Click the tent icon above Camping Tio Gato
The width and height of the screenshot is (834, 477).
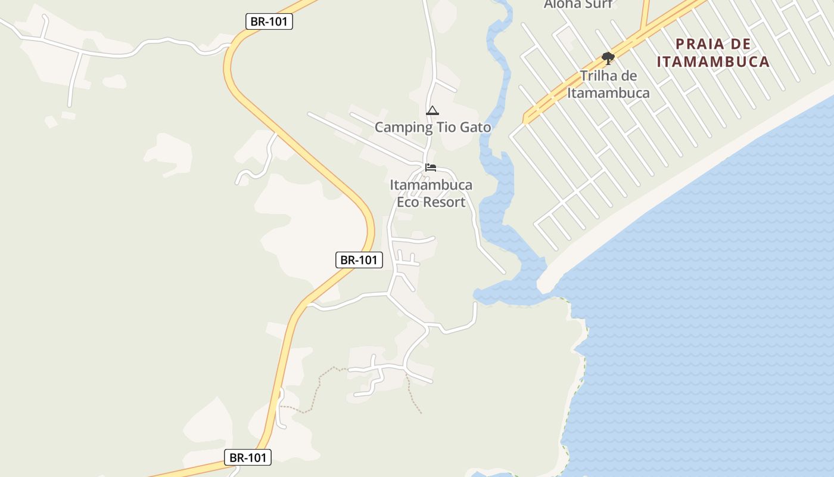point(432,110)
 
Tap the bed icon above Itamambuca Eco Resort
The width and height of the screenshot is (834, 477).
point(431,168)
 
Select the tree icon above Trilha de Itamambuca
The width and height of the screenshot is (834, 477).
point(608,58)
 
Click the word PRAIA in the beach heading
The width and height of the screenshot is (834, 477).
point(701,44)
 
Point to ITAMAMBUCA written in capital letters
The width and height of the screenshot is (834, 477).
point(713,61)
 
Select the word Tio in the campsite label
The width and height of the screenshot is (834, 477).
point(445,127)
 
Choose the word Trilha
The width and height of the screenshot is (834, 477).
point(600,76)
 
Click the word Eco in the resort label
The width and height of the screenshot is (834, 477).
point(409,202)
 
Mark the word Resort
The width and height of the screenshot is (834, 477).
point(446,202)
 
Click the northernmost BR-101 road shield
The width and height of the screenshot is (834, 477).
point(269,21)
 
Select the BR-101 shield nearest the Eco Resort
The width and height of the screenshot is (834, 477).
point(359,260)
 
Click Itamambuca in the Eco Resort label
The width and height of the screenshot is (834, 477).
point(431,185)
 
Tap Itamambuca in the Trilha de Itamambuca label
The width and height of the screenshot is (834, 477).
point(608,93)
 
